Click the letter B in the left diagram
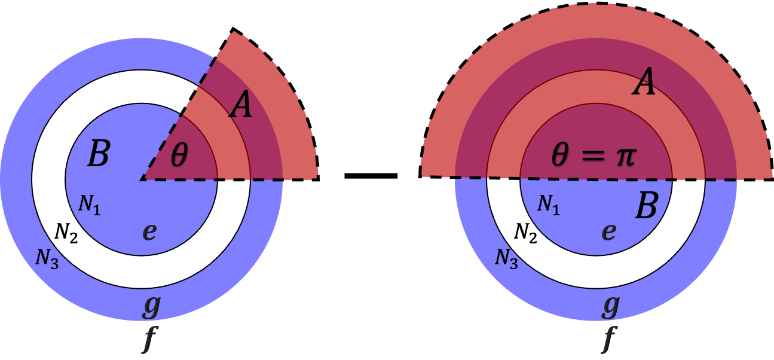tap(99, 154)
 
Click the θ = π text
tap(593, 157)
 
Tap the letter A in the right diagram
tap(644, 83)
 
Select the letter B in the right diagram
tap(646, 208)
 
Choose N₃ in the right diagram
tap(506, 257)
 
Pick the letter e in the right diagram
tap(608, 231)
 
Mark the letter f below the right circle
tap(609, 340)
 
